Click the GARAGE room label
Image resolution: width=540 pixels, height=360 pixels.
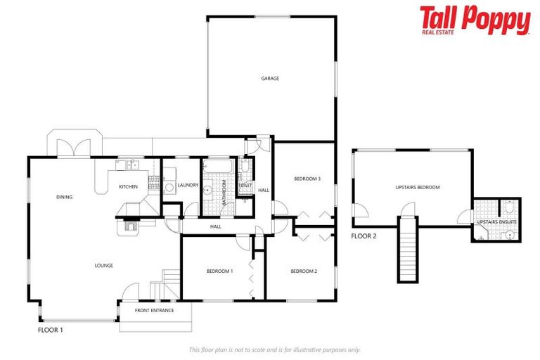coord(271,78)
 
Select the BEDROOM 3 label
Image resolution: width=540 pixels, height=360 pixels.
coord(307,179)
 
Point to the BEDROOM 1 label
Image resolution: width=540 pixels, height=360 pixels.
coord(219,271)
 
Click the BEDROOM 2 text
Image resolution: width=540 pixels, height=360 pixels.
coord(304,271)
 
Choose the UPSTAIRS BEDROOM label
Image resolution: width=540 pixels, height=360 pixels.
coord(418,187)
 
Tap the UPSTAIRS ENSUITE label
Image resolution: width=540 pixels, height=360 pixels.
coord(497,221)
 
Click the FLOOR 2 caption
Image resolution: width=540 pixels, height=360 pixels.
coord(364,236)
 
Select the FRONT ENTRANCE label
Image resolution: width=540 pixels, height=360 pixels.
coord(155,310)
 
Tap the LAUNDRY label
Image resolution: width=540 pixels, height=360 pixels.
coord(188,186)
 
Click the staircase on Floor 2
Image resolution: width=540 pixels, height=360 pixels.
coord(407,250)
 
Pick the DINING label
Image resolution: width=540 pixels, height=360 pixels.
coord(65,197)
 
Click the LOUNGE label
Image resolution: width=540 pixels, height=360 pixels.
coord(104,265)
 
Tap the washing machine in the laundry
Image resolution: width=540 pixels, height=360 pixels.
coord(169,188)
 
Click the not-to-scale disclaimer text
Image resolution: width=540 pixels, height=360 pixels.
coord(274,349)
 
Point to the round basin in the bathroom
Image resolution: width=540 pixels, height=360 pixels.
coord(208,191)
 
